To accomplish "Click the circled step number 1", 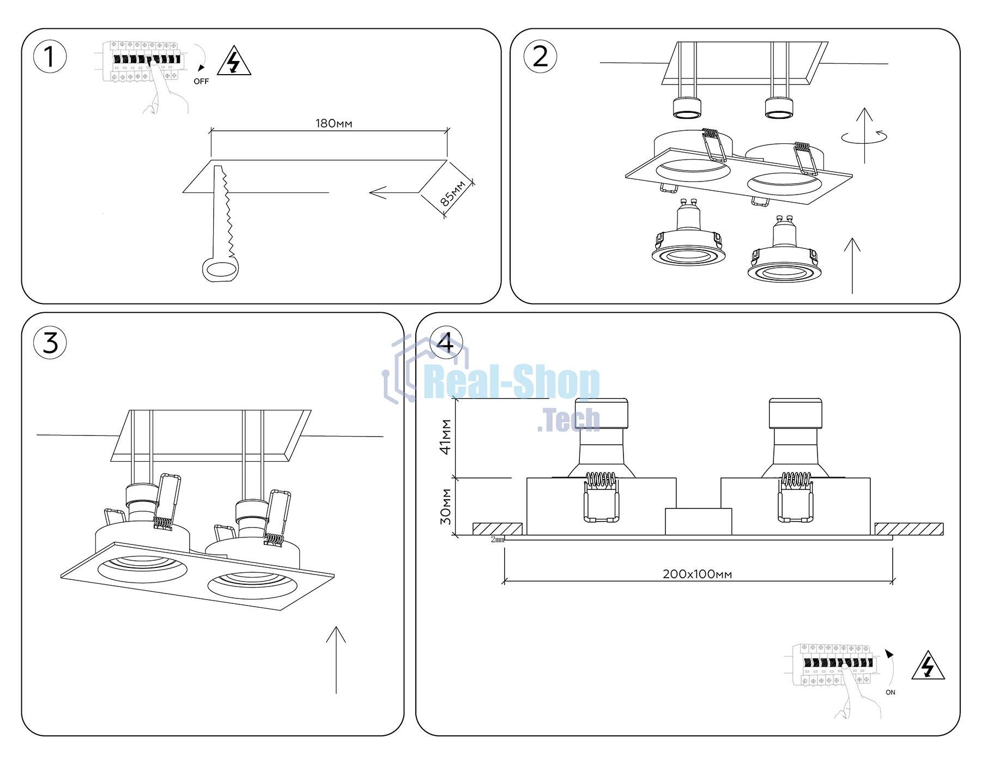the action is pos(50,57).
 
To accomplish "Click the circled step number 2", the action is pos(540,57).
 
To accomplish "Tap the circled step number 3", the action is pos(50,343).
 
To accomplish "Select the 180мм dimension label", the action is pos(334,124).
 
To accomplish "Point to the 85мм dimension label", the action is pos(453,193).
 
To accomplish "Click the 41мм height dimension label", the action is pos(446,437).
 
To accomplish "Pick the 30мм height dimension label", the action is pos(446,506).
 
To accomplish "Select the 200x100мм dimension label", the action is pos(697,574).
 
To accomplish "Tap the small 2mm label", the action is pos(498,540).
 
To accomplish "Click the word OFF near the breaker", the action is pos(201,81).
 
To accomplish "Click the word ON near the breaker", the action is pos(891,692).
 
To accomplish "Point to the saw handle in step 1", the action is pos(220,269).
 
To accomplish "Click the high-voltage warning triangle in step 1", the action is pos(234,61).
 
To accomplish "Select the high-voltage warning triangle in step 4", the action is pos(928,665).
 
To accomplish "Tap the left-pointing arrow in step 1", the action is pos(394,192).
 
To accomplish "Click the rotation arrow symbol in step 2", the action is pos(864,136).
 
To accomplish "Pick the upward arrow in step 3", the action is pos(336,660).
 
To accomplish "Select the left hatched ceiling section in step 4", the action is pos(498,529).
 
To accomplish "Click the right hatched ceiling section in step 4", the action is pos(909,529).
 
